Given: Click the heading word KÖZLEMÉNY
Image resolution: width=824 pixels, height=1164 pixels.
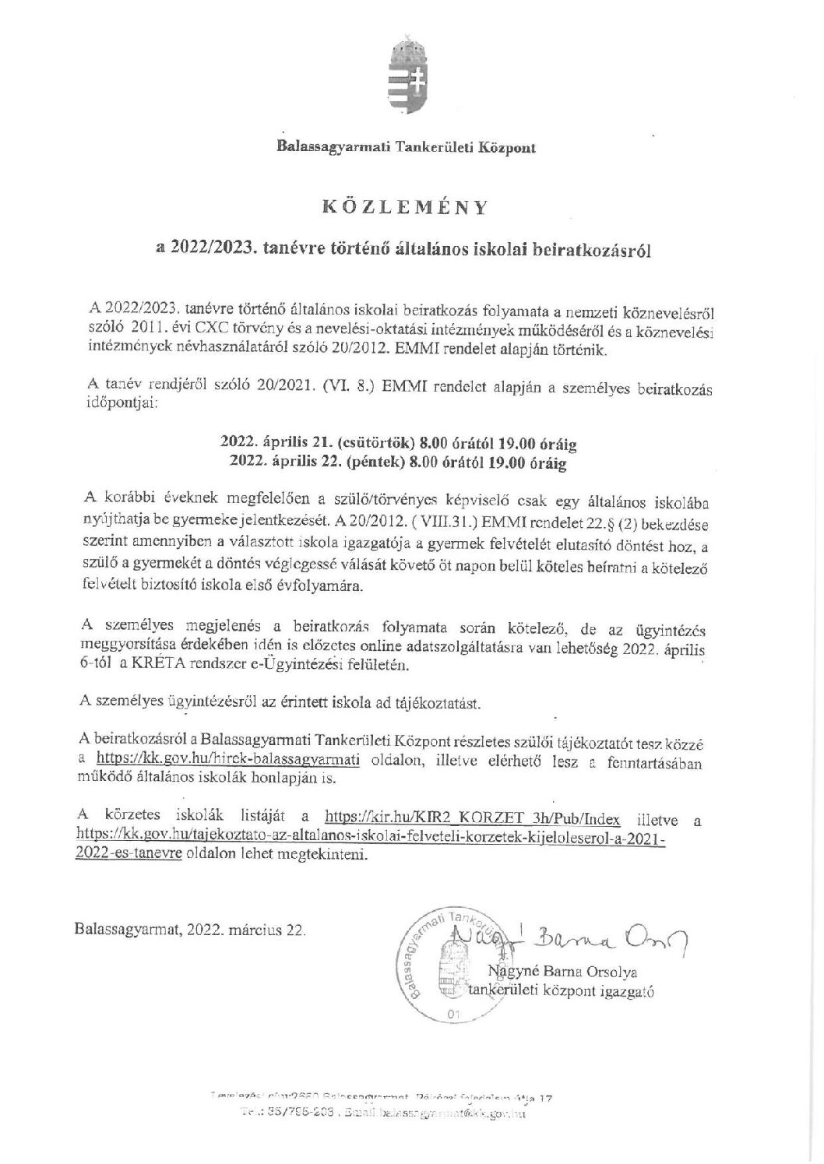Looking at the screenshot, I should click(405, 207).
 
